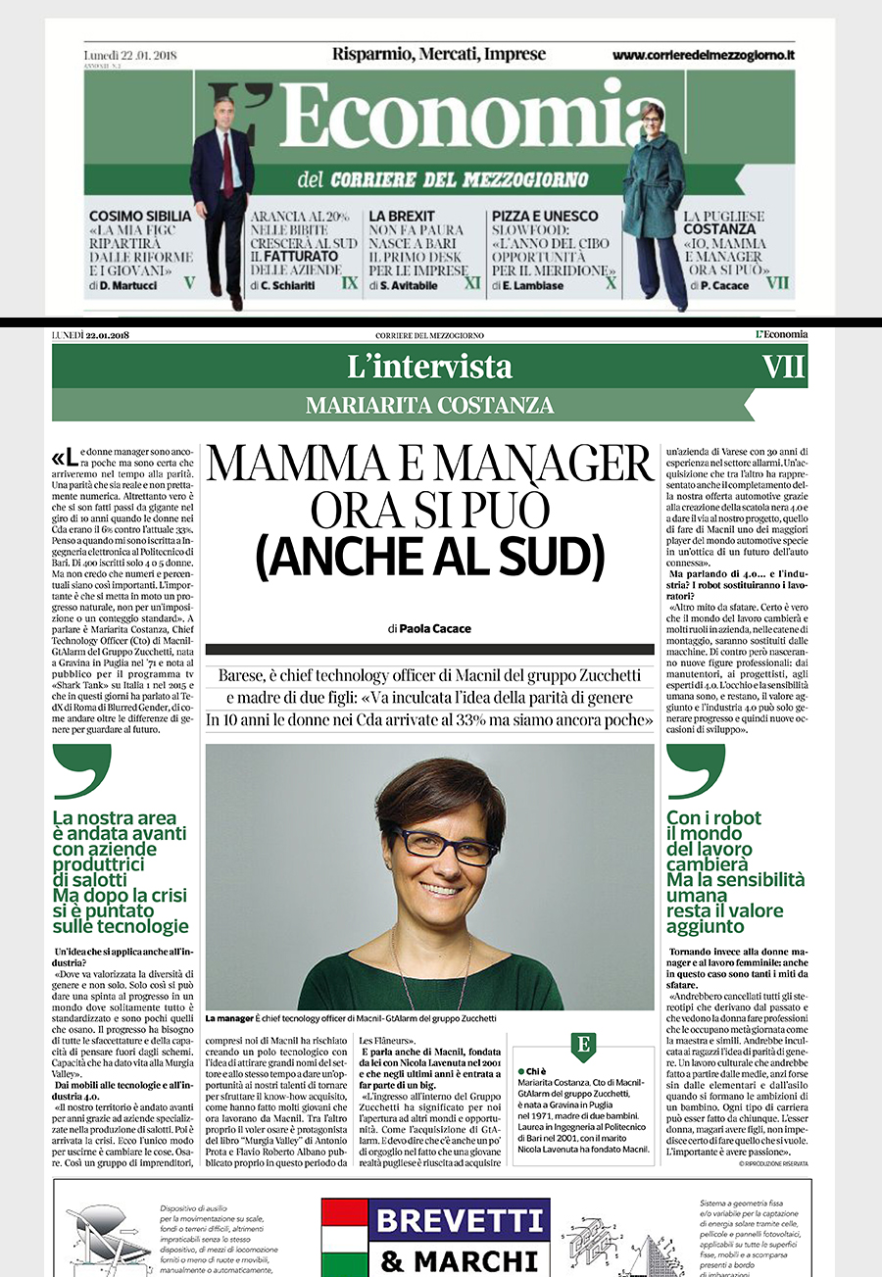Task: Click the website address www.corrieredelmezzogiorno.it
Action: tap(703, 56)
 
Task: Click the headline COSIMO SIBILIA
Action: tap(135, 216)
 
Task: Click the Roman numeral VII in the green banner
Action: tap(784, 367)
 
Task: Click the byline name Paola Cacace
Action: tap(436, 627)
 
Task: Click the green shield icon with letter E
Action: tap(584, 1046)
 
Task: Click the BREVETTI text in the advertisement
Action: tap(435, 1221)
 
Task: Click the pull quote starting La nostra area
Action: tap(121, 872)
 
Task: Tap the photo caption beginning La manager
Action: tap(351, 1019)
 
